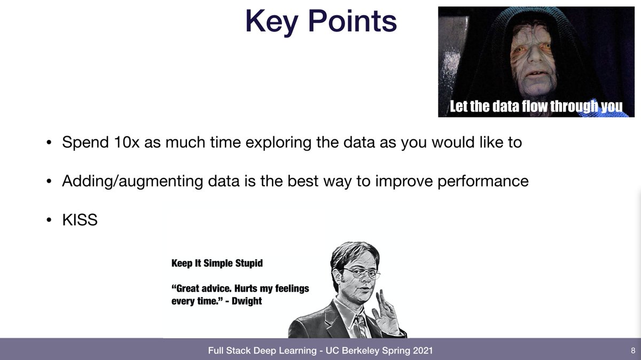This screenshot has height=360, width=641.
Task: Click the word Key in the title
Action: (x=272, y=22)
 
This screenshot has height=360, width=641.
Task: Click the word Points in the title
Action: (x=353, y=20)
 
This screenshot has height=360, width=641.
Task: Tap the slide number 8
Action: (x=632, y=350)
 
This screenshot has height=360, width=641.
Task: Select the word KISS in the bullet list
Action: (x=80, y=220)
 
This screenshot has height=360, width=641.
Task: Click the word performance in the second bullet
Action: (x=483, y=182)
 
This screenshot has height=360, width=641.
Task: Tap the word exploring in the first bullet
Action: (x=278, y=143)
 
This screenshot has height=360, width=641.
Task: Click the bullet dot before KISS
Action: (x=49, y=220)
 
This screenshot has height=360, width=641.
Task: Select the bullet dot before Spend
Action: (x=49, y=142)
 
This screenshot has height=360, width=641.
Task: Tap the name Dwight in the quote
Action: (x=247, y=301)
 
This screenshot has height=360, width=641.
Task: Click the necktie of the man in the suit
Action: (x=361, y=326)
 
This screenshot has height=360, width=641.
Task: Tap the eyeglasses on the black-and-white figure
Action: (x=362, y=272)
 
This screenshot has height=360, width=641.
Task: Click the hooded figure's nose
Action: (x=533, y=55)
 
